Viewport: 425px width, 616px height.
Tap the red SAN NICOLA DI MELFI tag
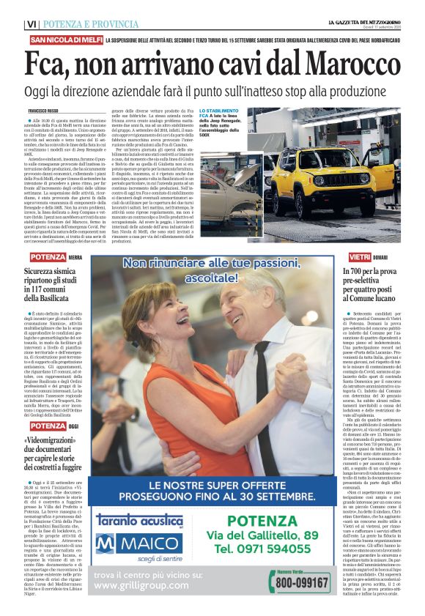(65, 39)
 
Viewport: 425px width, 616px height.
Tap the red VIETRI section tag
(380, 257)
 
